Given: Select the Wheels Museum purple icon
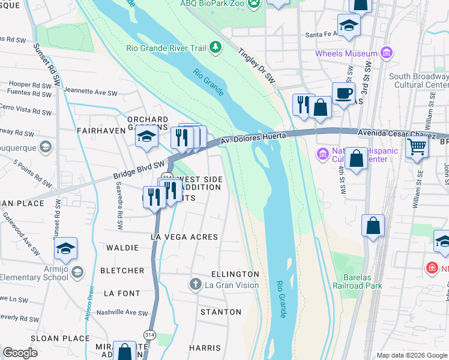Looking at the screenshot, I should coord(387,53).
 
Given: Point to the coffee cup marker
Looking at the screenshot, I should coord(343,94).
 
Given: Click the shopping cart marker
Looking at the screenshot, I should coord(416,145).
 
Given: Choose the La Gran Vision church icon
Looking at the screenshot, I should coord(194,284).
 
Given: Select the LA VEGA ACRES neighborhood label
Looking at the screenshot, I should coord(184,237).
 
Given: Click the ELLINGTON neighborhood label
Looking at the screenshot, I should coord(235,274).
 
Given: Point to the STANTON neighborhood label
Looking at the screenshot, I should coord(220,312).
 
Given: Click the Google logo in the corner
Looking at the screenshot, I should coord(20,353).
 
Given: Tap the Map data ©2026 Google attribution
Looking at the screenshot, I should coord(411,355).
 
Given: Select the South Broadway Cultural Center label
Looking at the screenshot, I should coord(418,80).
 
